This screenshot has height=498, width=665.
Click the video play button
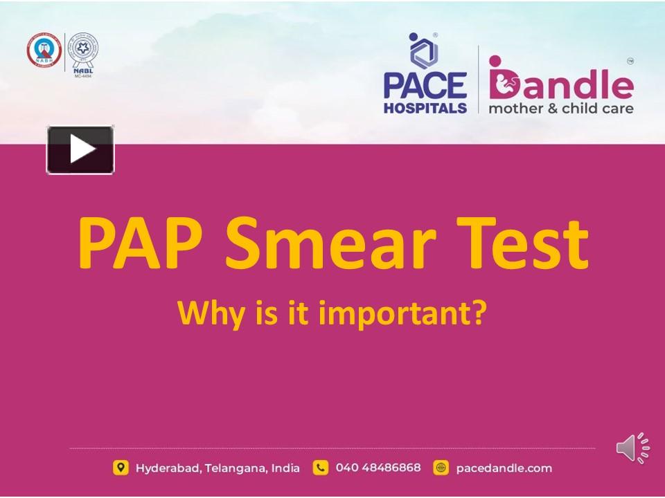click(80, 149)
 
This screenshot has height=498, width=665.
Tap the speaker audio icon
click(632, 448)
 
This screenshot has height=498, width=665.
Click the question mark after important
click(479, 313)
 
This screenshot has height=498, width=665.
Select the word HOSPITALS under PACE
click(425, 108)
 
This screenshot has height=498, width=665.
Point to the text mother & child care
click(560, 109)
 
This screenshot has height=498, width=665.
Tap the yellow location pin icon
click(121, 468)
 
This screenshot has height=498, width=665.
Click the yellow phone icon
click(320, 468)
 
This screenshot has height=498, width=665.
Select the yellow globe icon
click(441, 468)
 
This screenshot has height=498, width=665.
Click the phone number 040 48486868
click(378, 468)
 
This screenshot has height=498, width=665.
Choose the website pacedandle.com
click(504, 468)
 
